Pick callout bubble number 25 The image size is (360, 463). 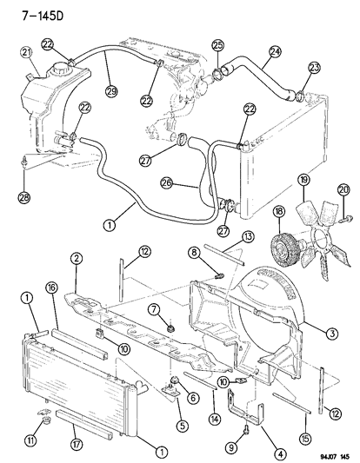[x=217, y=45]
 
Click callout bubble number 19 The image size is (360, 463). [x=304, y=180]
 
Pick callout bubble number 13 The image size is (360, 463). [x=247, y=237]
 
